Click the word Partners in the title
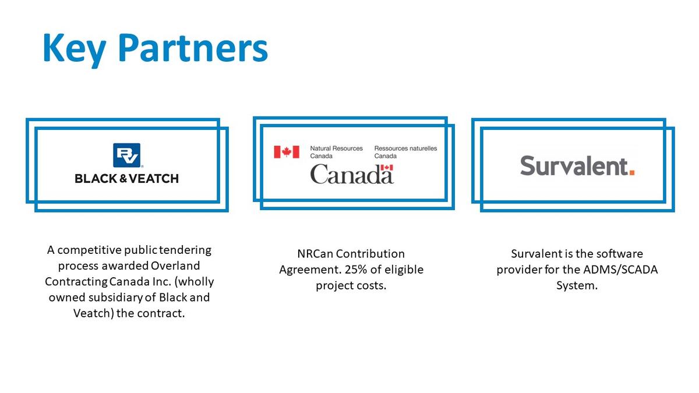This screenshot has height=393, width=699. pos(193,48)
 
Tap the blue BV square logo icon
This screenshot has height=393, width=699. pos(127,155)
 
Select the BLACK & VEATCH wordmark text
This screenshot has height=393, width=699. pos(127,179)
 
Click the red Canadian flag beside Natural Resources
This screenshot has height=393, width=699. pos(287,152)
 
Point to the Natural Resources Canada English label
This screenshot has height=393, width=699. pos(337,152)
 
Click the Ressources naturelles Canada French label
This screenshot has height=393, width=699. pos(405,152)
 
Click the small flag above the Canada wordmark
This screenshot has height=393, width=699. pos(387,168)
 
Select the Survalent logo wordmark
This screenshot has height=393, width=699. pos(577,165)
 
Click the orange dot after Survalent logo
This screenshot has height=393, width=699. pos(632,172)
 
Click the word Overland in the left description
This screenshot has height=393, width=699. pos(175,265)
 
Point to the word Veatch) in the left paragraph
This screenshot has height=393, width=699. pos(93,313)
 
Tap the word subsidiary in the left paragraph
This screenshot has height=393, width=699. pos(116,298)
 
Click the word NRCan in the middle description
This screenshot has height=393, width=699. pos(315,254)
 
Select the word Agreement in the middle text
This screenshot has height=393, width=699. pos(309,270)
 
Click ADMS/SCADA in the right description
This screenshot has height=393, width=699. pos(620,270)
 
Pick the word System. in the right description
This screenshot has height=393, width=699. pos(577,286)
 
